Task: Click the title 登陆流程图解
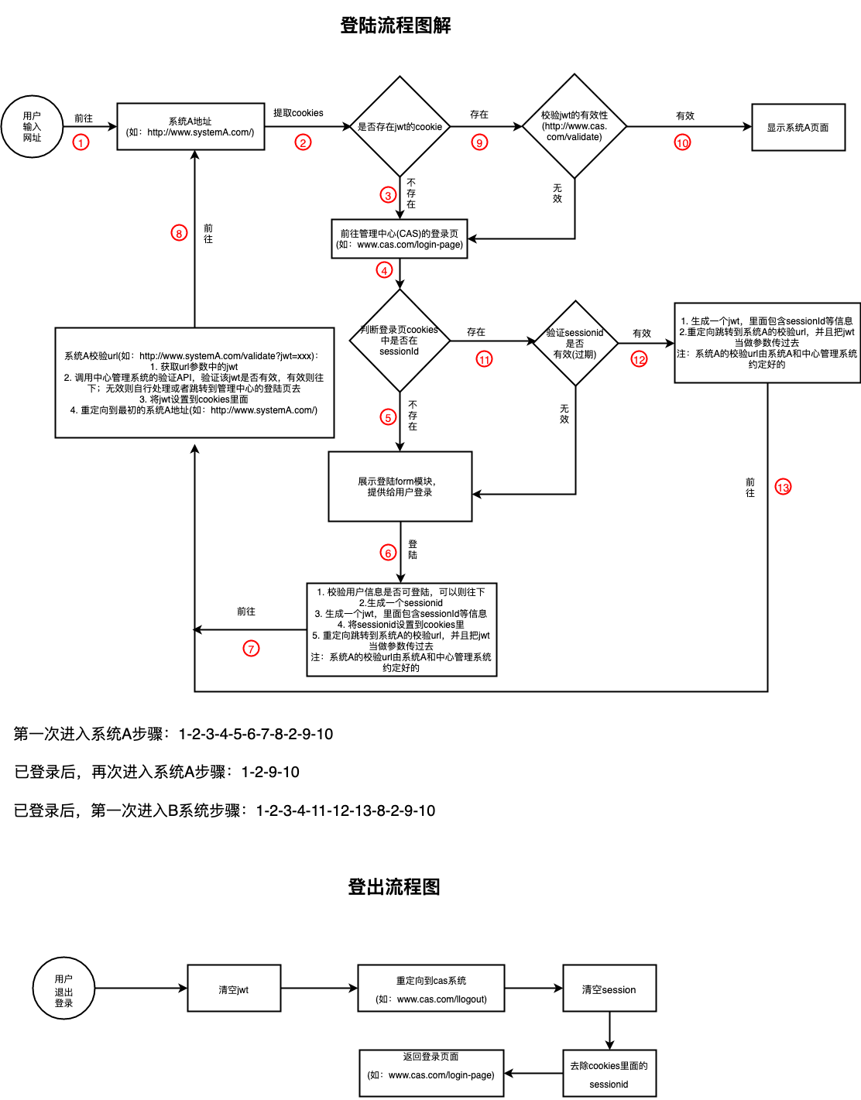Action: (395, 26)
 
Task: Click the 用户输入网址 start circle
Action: (32, 127)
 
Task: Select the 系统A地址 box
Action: (190, 127)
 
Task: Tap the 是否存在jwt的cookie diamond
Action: (400, 127)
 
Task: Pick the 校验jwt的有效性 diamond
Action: (575, 126)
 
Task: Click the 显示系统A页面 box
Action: (798, 128)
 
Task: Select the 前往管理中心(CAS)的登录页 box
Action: (400, 239)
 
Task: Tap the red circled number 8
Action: (179, 233)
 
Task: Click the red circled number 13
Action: (783, 487)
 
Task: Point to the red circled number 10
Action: (682, 142)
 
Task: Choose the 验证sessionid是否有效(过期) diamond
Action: (575, 343)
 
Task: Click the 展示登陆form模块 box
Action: (400, 487)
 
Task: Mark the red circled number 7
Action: (251, 649)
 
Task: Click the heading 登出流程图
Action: (394, 887)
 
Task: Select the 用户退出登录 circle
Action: (63, 989)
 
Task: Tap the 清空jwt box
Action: (234, 989)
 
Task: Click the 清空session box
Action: (609, 989)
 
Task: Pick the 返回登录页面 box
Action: (431, 1073)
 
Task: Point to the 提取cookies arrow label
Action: (298, 113)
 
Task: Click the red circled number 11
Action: (484, 359)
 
